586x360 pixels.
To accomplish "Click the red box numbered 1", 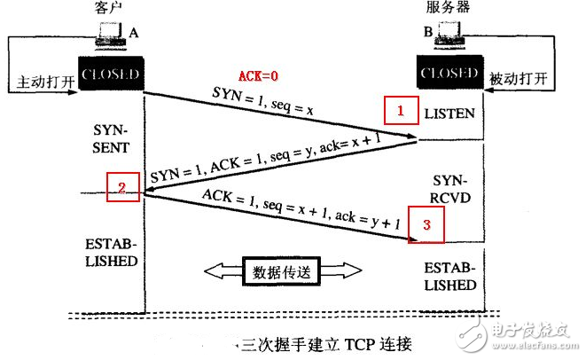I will (x=400, y=111).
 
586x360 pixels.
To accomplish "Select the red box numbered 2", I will (x=123, y=187).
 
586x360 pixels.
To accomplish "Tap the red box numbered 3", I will (x=426, y=225).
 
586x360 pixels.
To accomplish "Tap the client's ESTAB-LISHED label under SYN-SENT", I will (x=111, y=253).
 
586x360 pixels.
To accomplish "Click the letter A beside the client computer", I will (x=134, y=32).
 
